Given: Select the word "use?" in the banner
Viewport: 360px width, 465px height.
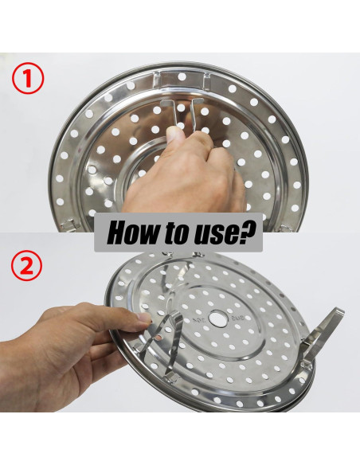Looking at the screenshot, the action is tap(224, 232).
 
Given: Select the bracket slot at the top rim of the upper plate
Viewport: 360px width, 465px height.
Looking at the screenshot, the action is tap(182, 79).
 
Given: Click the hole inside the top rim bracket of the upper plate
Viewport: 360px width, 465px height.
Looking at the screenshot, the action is tap(182, 76).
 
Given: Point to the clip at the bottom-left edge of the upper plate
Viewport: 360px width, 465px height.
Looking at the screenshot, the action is tap(68, 225).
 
